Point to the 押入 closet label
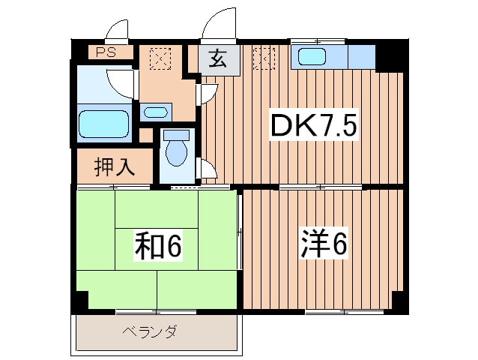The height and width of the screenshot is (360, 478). [115, 166]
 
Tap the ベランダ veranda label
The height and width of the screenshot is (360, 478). [150, 331]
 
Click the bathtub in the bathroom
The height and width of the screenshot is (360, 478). [104, 122]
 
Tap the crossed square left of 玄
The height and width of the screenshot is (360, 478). [159, 58]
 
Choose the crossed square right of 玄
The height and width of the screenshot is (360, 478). [264, 57]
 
